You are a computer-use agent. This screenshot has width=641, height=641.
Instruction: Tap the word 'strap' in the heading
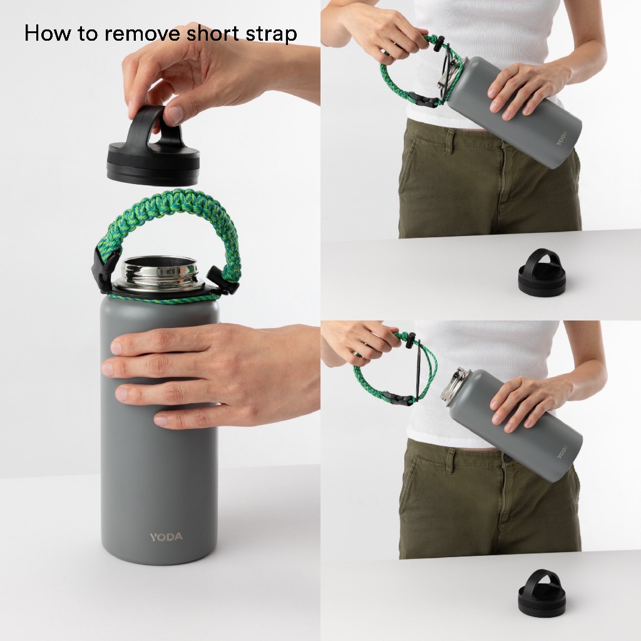point(271,34)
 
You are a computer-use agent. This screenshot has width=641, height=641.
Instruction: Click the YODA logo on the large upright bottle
point(166,537)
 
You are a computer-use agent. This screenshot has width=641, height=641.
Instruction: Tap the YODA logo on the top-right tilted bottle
point(562,138)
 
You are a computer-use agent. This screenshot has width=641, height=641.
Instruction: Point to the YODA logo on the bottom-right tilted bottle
point(563,451)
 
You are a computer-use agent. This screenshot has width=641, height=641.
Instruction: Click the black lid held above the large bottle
point(153,146)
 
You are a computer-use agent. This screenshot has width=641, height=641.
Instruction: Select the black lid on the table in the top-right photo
point(541,272)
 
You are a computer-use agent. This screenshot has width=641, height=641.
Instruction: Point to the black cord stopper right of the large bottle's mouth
point(220,279)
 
